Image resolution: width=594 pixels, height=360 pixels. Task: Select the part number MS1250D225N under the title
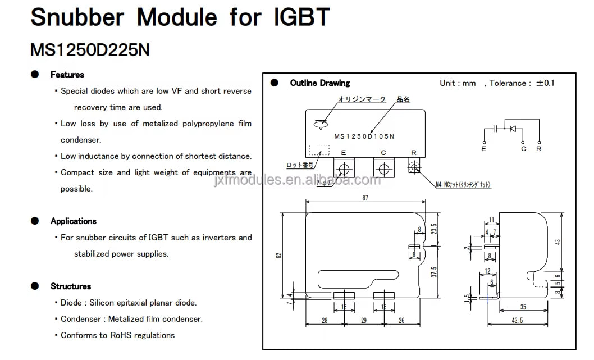[x=90, y=50]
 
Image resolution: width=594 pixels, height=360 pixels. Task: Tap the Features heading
[x=67, y=75]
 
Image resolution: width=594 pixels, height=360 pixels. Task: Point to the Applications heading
[x=73, y=221]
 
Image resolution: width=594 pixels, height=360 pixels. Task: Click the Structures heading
[x=70, y=286]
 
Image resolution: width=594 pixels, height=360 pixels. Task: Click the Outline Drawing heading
[x=319, y=83]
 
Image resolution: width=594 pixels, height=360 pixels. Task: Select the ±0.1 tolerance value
[x=545, y=83]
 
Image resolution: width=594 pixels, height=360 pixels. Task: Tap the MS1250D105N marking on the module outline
[x=364, y=136]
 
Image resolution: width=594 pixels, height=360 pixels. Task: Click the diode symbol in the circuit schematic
[x=512, y=129]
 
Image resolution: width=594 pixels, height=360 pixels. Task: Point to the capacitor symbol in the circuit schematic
[x=495, y=129]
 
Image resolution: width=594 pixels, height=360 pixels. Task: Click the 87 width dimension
[x=365, y=198]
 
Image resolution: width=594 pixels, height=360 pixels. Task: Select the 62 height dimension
[x=279, y=255]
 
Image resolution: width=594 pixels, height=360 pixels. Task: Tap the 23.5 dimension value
[x=433, y=229]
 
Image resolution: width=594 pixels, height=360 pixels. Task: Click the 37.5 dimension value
[x=433, y=272]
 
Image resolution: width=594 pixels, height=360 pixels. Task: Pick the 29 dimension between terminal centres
[x=364, y=320]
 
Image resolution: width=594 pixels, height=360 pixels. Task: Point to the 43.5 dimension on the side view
[x=517, y=320]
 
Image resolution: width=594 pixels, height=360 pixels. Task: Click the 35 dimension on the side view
[x=523, y=307]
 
